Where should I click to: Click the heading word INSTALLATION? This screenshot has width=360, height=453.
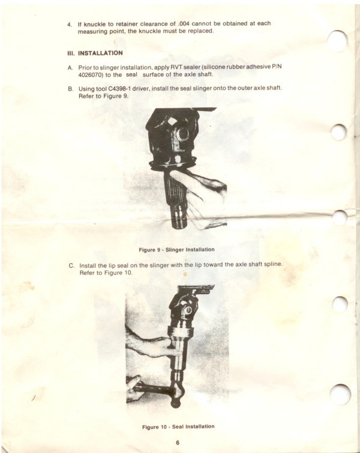(100, 53)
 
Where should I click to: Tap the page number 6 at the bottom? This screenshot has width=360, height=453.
(178, 443)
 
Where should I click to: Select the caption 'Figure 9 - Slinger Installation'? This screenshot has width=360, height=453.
(176, 250)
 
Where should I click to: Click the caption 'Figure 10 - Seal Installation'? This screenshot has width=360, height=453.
(178, 427)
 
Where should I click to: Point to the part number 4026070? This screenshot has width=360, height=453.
(90, 74)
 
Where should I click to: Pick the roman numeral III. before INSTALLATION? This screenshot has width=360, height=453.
(71, 53)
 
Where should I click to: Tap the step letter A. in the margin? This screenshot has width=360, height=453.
(71, 68)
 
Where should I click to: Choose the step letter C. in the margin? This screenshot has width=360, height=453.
(71, 266)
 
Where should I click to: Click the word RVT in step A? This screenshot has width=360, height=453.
(176, 67)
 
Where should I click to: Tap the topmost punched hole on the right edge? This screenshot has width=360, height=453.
(338, 41)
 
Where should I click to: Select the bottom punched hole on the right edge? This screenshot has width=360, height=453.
(340, 395)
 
